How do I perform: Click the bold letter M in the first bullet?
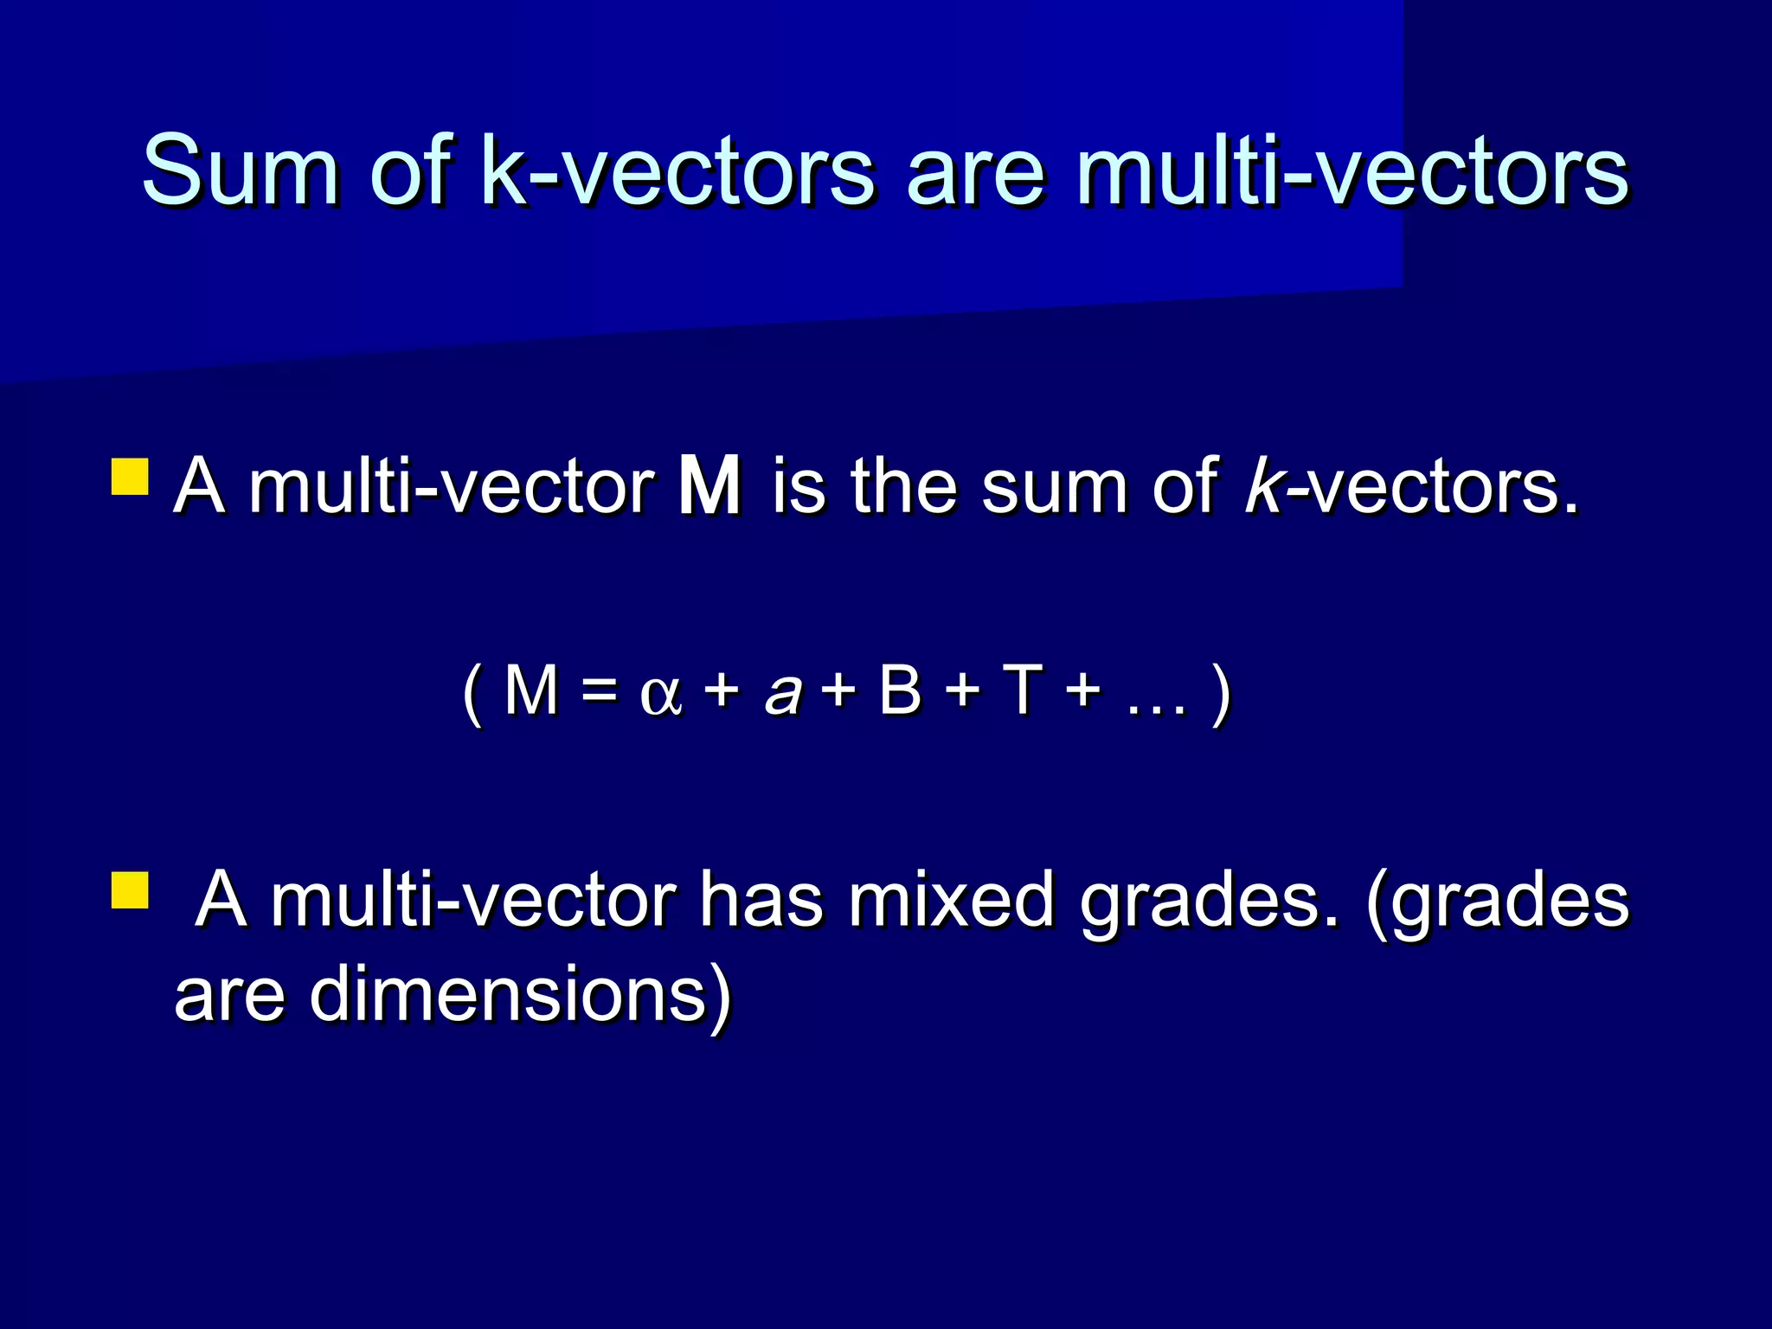(x=709, y=487)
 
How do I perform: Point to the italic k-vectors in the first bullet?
(x=1410, y=487)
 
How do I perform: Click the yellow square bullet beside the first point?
(x=130, y=477)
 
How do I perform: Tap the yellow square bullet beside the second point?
(x=130, y=890)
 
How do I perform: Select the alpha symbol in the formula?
(x=661, y=695)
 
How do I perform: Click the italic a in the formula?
(x=784, y=695)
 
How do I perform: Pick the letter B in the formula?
(x=900, y=691)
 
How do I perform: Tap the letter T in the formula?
(x=1021, y=691)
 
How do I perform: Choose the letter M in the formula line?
(x=530, y=691)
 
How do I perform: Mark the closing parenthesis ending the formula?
(x=1221, y=695)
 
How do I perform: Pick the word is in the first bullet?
(x=798, y=487)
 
